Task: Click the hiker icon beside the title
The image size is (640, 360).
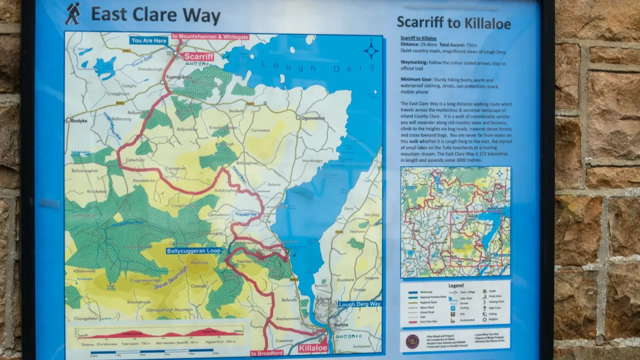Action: [72, 13]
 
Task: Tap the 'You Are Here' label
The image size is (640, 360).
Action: [148, 40]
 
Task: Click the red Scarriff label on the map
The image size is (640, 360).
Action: [198, 56]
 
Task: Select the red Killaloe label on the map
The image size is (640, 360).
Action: [313, 348]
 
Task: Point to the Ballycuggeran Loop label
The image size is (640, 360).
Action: [193, 251]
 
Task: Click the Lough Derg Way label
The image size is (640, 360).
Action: [359, 304]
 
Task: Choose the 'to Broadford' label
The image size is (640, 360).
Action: [266, 353]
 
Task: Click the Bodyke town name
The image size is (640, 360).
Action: [79, 121]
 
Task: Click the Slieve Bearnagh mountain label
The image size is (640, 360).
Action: [170, 278]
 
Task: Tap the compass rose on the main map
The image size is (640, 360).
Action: [370, 50]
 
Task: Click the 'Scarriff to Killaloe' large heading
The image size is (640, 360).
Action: [453, 22]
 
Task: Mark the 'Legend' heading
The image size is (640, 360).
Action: [455, 285]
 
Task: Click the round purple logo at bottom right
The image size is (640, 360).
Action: [412, 341]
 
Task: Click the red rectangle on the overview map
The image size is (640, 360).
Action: [476, 238]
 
